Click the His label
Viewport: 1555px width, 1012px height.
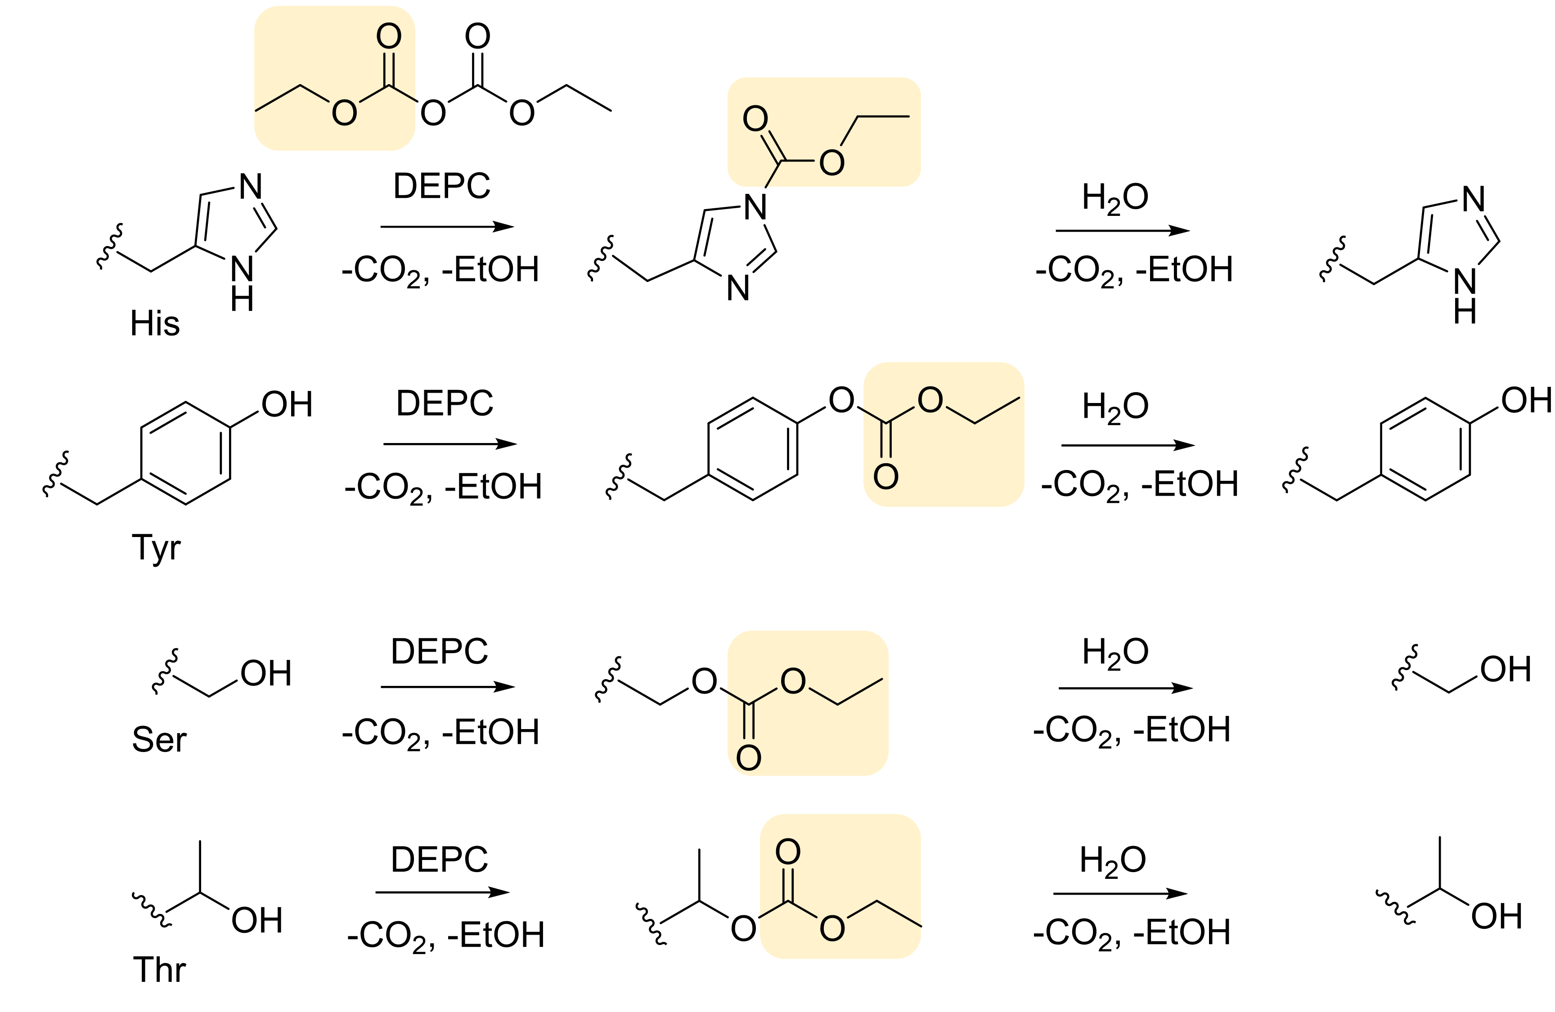click(155, 323)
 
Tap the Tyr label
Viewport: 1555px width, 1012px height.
click(156, 547)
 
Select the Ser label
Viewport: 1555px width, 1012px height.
click(159, 739)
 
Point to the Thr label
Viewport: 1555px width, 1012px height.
click(159, 970)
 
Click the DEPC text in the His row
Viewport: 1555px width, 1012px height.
click(442, 186)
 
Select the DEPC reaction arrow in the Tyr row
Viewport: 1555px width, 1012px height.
click(449, 444)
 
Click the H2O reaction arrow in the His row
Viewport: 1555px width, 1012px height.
click(1123, 231)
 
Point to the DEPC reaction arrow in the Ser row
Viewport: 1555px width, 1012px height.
click(448, 687)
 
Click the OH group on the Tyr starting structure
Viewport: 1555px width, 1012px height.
click(287, 404)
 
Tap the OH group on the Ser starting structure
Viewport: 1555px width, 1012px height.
click(265, 674)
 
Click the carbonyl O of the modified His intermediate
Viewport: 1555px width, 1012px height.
click(755, 119)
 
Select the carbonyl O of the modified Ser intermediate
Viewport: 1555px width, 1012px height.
click(749, 758)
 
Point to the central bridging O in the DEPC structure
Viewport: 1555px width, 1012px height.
click(433, 113)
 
